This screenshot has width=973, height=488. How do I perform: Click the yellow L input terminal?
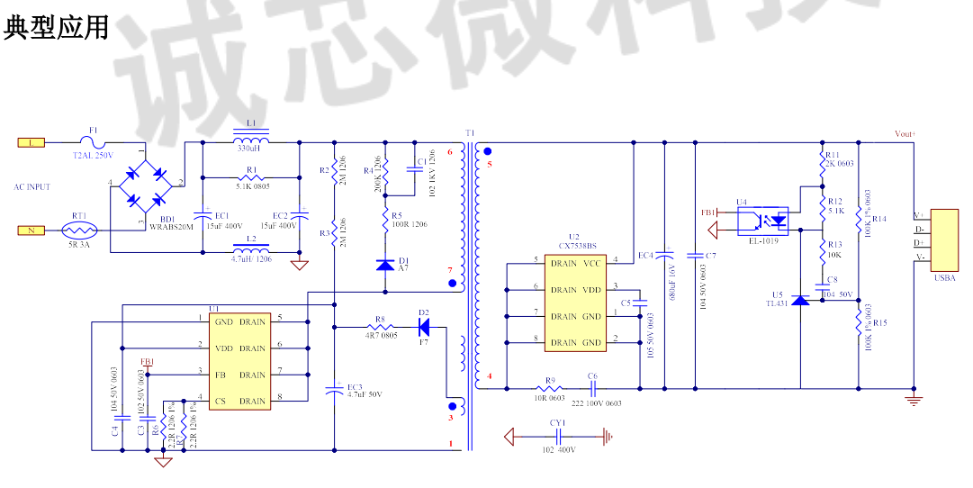pyautogui.click(x=31, y=141)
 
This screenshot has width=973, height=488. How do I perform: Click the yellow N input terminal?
pyautogui.click(x=31, y=230)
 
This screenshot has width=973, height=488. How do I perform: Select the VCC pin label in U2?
pyautogui.click(x=591, y=264)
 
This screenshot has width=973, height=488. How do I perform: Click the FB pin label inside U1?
pyautogui.click(x=221, y=375)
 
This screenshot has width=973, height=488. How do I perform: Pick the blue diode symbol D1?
pyautogui.click(x=385, y=264)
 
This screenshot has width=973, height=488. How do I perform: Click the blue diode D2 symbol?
pyautogui.click(x=423, y=326)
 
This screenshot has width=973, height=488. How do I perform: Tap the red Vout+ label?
pyautogui.click(x=904, y=133)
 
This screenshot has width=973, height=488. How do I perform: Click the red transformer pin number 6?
pyautogui.click(x=450, y=151)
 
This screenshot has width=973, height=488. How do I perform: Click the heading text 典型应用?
pyautogui.click(x=56, y=28)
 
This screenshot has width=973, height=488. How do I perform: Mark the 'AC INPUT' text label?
pyautogui.click(x=32, y=187)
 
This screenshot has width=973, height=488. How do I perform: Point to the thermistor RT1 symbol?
pyautogui.click(x=79, y=230)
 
